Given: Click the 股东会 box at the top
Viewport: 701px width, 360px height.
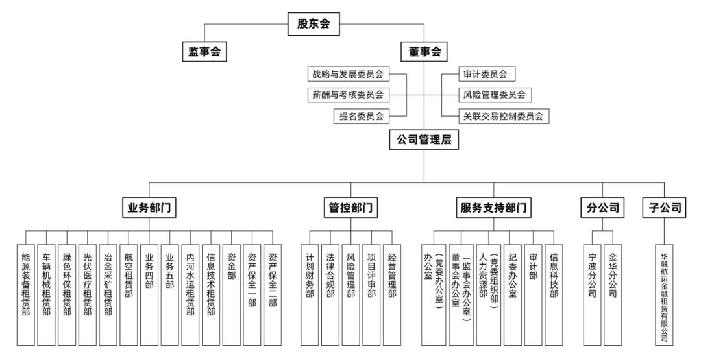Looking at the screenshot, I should click(314, 25).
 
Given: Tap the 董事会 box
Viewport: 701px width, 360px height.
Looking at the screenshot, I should click(424, 52).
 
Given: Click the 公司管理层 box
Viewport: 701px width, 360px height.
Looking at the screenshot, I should click(424, 139).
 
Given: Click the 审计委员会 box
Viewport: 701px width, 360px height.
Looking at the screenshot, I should click(485, 74).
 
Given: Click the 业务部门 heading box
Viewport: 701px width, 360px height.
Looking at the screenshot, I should click(150, 208).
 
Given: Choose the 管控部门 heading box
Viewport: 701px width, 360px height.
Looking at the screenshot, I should click(351, 208).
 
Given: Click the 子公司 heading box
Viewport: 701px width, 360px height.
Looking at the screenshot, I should click(665, 208).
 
